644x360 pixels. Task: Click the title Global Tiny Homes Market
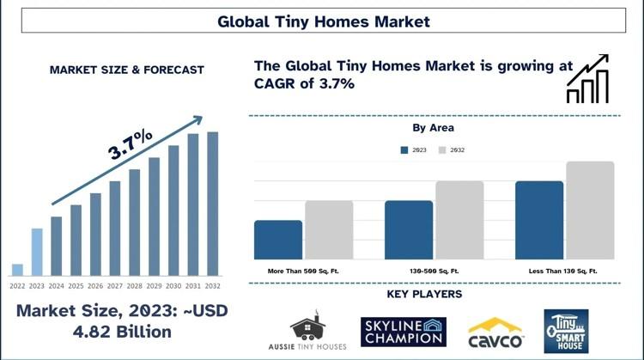(x=324, y=21)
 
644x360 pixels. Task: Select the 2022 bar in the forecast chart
(x=17, y=270)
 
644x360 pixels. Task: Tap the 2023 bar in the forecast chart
(x=37, y=252)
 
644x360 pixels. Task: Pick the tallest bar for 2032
(x=213, y=204)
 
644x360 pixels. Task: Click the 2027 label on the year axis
(x=115, y=286)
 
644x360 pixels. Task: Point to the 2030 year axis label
(x=173, y=286)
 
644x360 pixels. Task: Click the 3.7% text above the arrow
(x=131, y=144)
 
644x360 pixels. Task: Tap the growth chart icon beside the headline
(x=587, y=78)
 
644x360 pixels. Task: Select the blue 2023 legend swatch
(x=404, y=150)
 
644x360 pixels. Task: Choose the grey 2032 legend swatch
(x=442, y=150)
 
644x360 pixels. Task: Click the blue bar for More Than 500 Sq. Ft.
(x=278, y=240)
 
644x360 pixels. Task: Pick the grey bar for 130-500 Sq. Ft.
(x=459, y=220)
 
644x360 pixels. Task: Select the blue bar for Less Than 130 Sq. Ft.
(x=539, y=220)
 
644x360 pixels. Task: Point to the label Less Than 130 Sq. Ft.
(x=563, y=272)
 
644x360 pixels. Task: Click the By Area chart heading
(x=434, y=128)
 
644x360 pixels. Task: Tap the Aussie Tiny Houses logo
(x=307, y=331)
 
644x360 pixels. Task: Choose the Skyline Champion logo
(x=404, y=332)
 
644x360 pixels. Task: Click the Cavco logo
(x=495, y=333)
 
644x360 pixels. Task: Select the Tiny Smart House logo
(x=567, y=332)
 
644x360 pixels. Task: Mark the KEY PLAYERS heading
(x=425, y=294)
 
